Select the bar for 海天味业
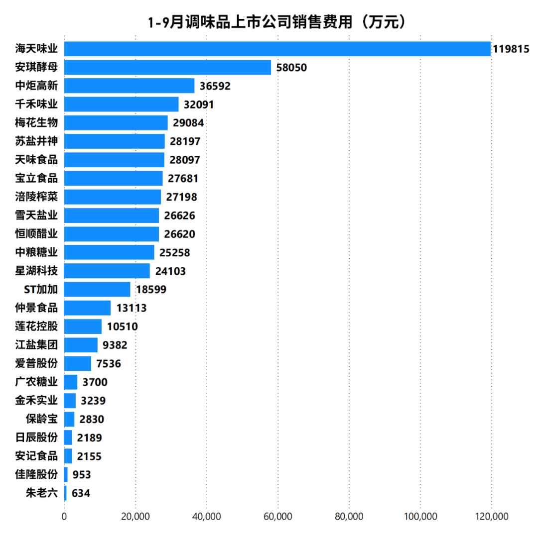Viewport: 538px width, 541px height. pyautogui.click(x=277, y=49)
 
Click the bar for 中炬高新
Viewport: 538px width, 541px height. pyautogui.click(x=129, y=86)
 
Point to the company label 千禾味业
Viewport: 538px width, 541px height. pyautogui.click(x=36, y=104)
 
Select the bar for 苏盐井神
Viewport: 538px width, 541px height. pyautogui.click(x=114, y=141)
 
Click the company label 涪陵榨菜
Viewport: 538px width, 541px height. pyautogui.click(x=36, y=197)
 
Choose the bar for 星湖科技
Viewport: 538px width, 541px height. pyautogui.click(x=107, y=271)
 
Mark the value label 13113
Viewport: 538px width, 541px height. pyautogui.click(x=131, y=308)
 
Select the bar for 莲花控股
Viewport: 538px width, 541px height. pyautogui.click(x=83, y=326)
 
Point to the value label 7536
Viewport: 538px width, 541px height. pyautogui.click(x=109, y=364)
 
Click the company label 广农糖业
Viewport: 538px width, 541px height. pyautogui.click(x=36, y=382)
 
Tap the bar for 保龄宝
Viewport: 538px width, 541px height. pyautogui.click(x=69, y=419)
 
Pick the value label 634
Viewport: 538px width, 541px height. pyautogui.click(x=81, y=494)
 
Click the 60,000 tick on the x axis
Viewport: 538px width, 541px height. pyautogui.click(x=278, y=517)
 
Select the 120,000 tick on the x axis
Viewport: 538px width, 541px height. pyautogui.click(x=491, y=517)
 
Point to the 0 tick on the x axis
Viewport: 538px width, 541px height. pyautogui.click(x=64, y=517)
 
